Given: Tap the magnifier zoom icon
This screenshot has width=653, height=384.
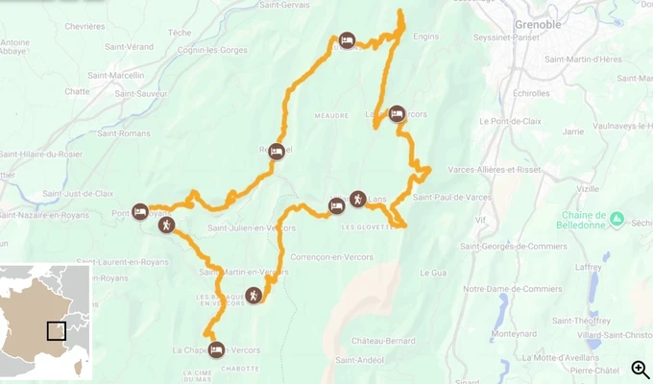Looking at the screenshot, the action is [640, 370].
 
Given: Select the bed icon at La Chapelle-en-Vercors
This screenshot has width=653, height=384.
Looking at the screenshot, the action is [216, 349].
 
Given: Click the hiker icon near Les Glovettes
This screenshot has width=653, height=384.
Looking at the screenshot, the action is [357, 199].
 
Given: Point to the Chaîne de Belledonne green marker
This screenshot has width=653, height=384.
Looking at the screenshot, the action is [617, 219].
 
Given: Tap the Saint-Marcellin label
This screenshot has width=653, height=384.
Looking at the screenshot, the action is [115, 75].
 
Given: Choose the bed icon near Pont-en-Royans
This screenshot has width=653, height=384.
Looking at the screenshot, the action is [140, 211].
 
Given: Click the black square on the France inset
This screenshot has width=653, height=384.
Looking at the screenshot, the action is [57, 330].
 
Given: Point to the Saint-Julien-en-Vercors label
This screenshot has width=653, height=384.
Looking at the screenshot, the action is [251, 228].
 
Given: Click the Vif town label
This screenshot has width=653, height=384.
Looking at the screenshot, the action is [481, 220].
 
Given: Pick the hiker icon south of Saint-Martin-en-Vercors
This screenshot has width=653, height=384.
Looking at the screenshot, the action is [253, 296].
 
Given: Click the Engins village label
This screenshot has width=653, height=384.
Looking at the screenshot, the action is [424, 36].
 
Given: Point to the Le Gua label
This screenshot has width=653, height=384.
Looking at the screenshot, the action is [433, 273].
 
